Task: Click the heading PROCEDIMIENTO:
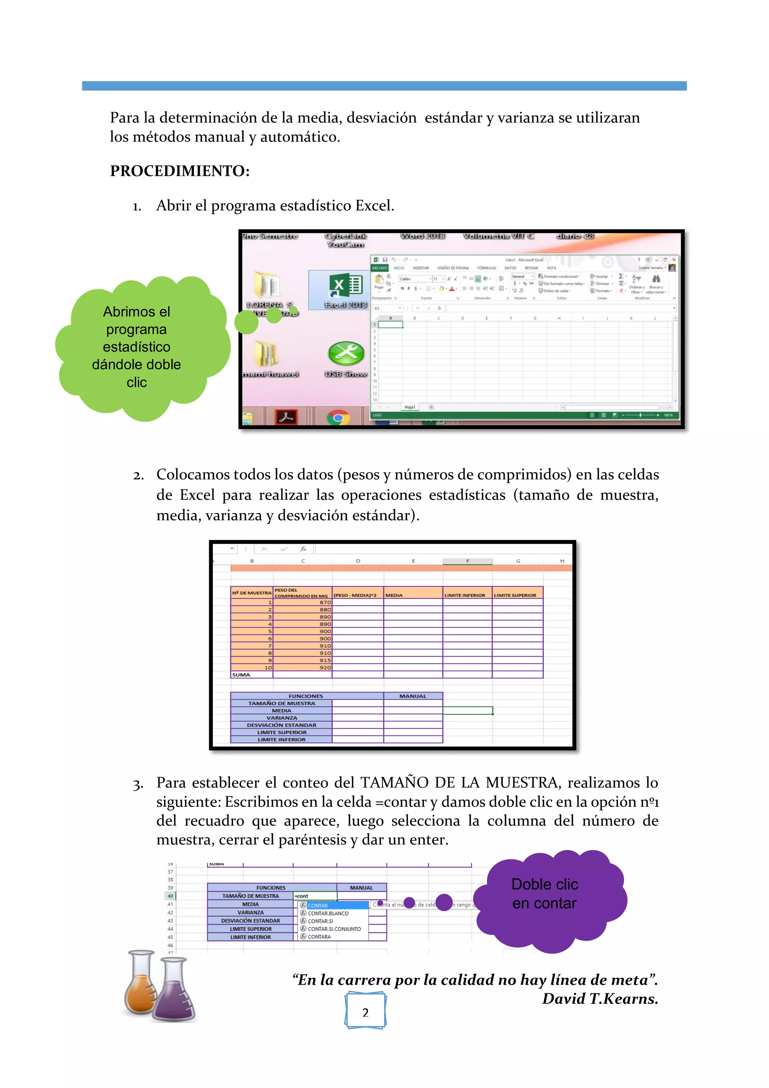point(179,171)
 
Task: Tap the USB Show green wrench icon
point(346,354)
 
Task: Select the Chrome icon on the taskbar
point(338,418)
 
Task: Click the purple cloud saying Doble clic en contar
point(544,894)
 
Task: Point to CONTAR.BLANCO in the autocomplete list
point(328,913)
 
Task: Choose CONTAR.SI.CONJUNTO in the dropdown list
point(334,929)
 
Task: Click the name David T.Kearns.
point(600,999)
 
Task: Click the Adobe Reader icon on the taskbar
point(286,417)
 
